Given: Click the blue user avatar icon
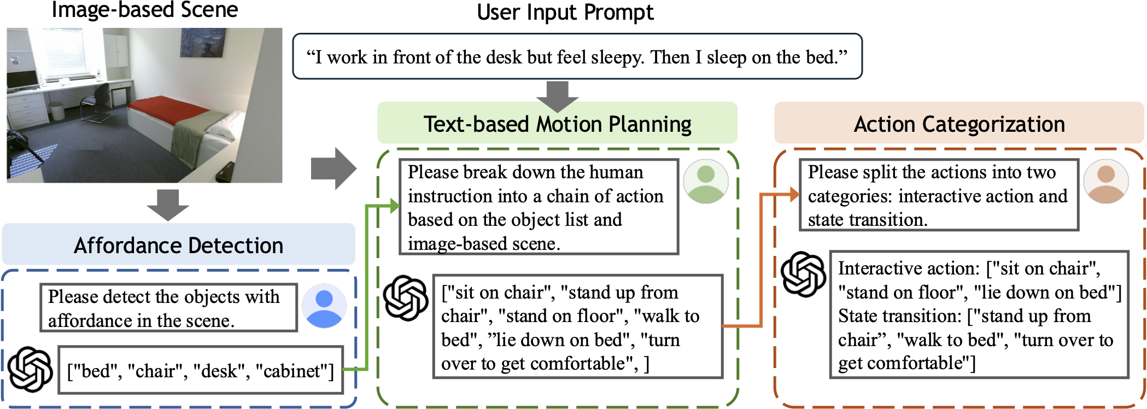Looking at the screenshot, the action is [324, 306].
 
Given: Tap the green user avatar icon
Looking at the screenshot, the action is [706, 181].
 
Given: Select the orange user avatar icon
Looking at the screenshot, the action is [1106, 181].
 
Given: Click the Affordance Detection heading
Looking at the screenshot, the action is [178, 246].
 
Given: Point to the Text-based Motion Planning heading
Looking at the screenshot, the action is [557, 124].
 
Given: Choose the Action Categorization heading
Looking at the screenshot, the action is [959, 124].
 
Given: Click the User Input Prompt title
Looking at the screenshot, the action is [565, 12].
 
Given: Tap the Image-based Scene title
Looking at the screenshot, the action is [145, 10].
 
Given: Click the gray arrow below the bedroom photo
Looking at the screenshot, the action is [168, 205].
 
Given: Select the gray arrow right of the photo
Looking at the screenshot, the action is [333, 168].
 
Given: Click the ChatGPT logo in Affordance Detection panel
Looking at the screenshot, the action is [31, 370].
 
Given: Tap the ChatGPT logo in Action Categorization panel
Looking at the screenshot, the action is [803, 274].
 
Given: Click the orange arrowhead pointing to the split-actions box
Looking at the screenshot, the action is [794, 194].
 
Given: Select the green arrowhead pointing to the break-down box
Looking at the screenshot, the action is [395, 206].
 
